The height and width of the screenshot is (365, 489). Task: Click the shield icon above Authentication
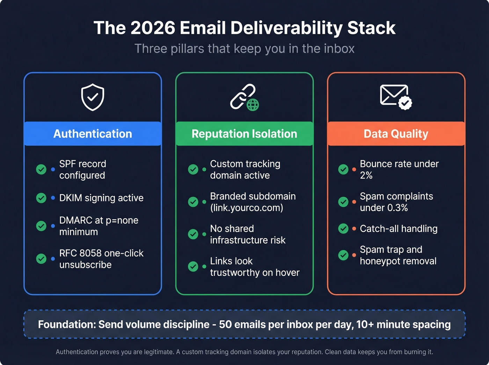[x=93, y=97]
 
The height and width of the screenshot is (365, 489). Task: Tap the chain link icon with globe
[x=244, y=97]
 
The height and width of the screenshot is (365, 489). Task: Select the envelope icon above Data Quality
[x=396, y=97]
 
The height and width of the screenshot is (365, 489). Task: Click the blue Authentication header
[x=93, y=134]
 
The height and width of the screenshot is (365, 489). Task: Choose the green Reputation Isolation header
[x=244, y=134]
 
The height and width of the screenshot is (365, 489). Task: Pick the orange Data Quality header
[x=396, y=134]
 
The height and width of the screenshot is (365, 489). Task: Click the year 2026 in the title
[x=153, y=28]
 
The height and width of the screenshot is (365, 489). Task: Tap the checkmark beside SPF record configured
[x=41, y=169]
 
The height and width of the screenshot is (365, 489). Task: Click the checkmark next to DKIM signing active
[x=41, y=198]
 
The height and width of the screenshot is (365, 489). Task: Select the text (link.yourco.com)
[x=247, y=208]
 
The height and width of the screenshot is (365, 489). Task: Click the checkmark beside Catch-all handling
[x=343, y=228]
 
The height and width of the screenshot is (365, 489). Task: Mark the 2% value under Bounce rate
[x=366, y=175]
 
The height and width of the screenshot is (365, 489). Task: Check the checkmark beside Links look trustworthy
[x=193, y=267]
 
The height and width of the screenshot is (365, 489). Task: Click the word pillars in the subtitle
[x=188, y=49]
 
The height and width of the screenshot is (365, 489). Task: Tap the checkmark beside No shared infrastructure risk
[x=193, y=234]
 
